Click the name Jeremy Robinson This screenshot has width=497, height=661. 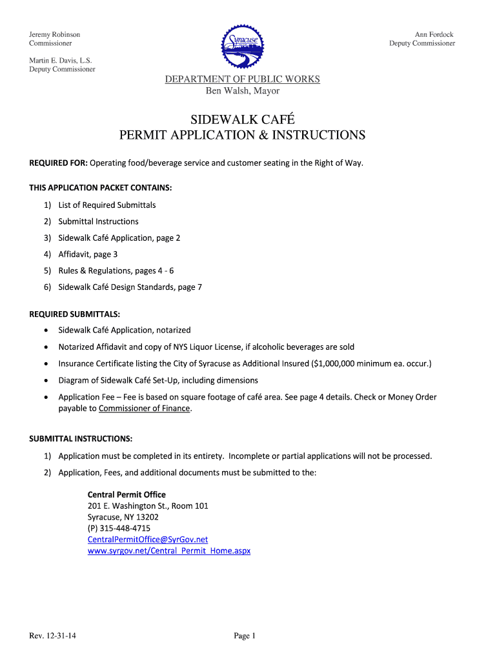pos(55,34)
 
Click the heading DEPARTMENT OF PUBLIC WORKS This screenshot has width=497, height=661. pos(242,79)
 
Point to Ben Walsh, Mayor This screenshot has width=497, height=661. pos(242,91)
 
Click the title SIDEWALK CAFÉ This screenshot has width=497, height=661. pos(242,119)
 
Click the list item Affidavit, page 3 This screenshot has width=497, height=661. pos(88,254)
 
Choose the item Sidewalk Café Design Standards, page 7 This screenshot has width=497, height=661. pos(130,287)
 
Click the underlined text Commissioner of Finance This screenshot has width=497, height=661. pos(145,409)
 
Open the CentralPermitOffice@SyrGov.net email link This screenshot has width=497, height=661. pos(148,540)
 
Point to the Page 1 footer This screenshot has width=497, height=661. pos(245,636)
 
